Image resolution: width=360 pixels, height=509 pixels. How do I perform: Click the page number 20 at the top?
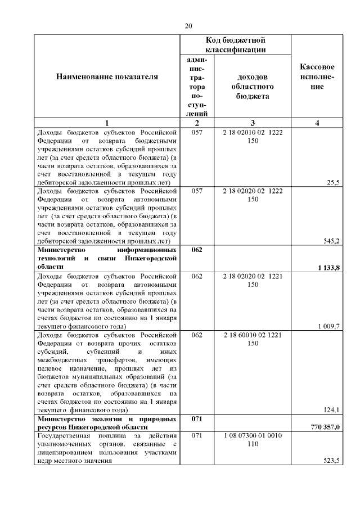188,26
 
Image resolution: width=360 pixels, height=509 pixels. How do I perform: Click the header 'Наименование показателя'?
107,76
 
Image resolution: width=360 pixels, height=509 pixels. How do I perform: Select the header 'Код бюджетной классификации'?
235,45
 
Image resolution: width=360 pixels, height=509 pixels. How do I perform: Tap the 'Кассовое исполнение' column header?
319,76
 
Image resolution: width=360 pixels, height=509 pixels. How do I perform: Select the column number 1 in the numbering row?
107,123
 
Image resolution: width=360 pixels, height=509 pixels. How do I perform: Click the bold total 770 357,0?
325,428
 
